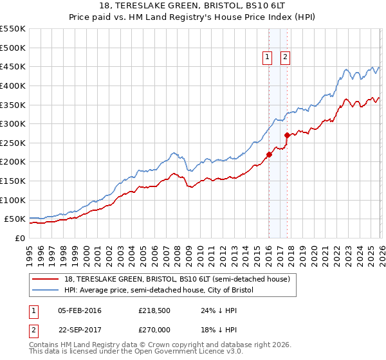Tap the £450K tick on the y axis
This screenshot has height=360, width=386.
(12, 67)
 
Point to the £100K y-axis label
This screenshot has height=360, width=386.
(12, 200)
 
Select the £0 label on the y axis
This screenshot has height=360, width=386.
(19, 238)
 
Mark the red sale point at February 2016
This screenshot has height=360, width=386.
(269, 154)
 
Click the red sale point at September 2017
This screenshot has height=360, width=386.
(288, 135)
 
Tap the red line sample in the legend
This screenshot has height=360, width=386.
(46, 280)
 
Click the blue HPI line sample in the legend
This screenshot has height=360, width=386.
(46, 290)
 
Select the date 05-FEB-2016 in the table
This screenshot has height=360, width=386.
(80, 311)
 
